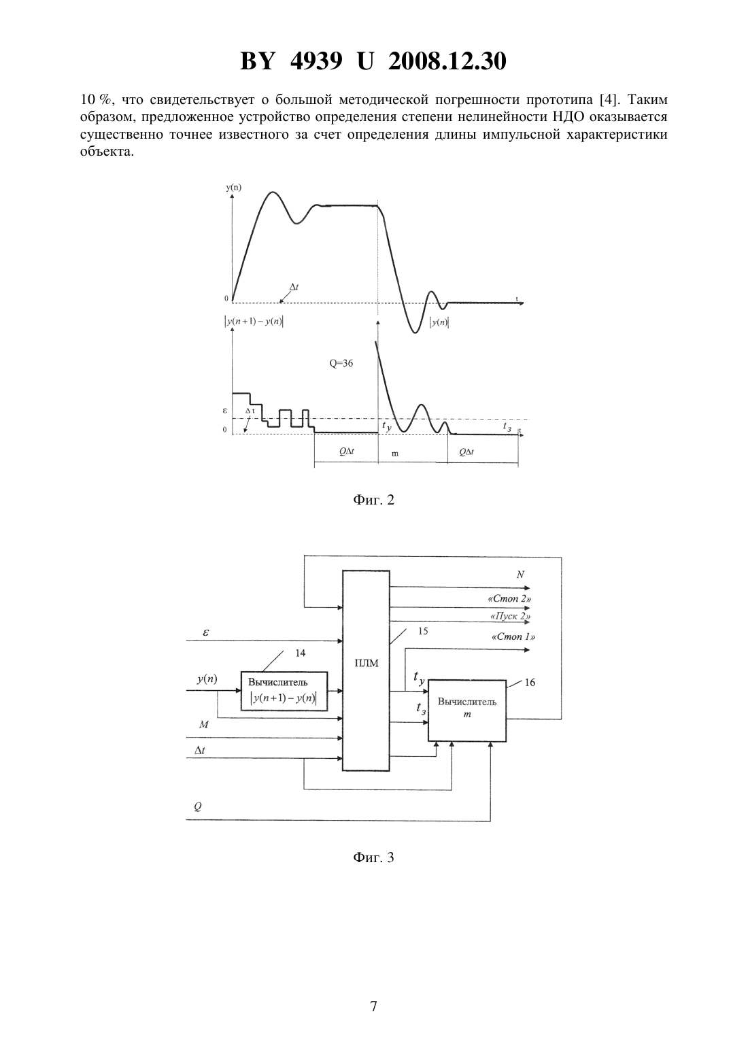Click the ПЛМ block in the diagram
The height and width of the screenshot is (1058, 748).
366,670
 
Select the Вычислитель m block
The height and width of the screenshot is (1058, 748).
467,711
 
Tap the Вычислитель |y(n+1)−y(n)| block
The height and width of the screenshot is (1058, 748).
284,691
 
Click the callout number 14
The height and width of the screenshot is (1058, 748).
301,653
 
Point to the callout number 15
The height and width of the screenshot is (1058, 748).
423,631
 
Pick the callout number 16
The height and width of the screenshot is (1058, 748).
530,683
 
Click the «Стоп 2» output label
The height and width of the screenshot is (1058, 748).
509,598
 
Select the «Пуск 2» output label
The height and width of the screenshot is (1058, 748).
511,617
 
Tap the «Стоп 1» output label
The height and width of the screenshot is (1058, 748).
513,636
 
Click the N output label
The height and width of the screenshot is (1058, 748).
520,575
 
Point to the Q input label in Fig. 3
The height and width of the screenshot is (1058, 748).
198,806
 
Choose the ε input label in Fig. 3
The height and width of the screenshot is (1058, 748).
206,632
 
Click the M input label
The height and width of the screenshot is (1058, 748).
203,724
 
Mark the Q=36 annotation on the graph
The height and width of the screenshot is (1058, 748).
341,364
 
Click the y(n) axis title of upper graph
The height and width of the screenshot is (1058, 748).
233,187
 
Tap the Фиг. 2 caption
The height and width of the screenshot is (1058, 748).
373,500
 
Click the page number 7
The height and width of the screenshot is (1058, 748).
373,1006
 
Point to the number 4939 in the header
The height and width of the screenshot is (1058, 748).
316,61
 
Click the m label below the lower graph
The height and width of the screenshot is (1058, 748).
395,454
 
